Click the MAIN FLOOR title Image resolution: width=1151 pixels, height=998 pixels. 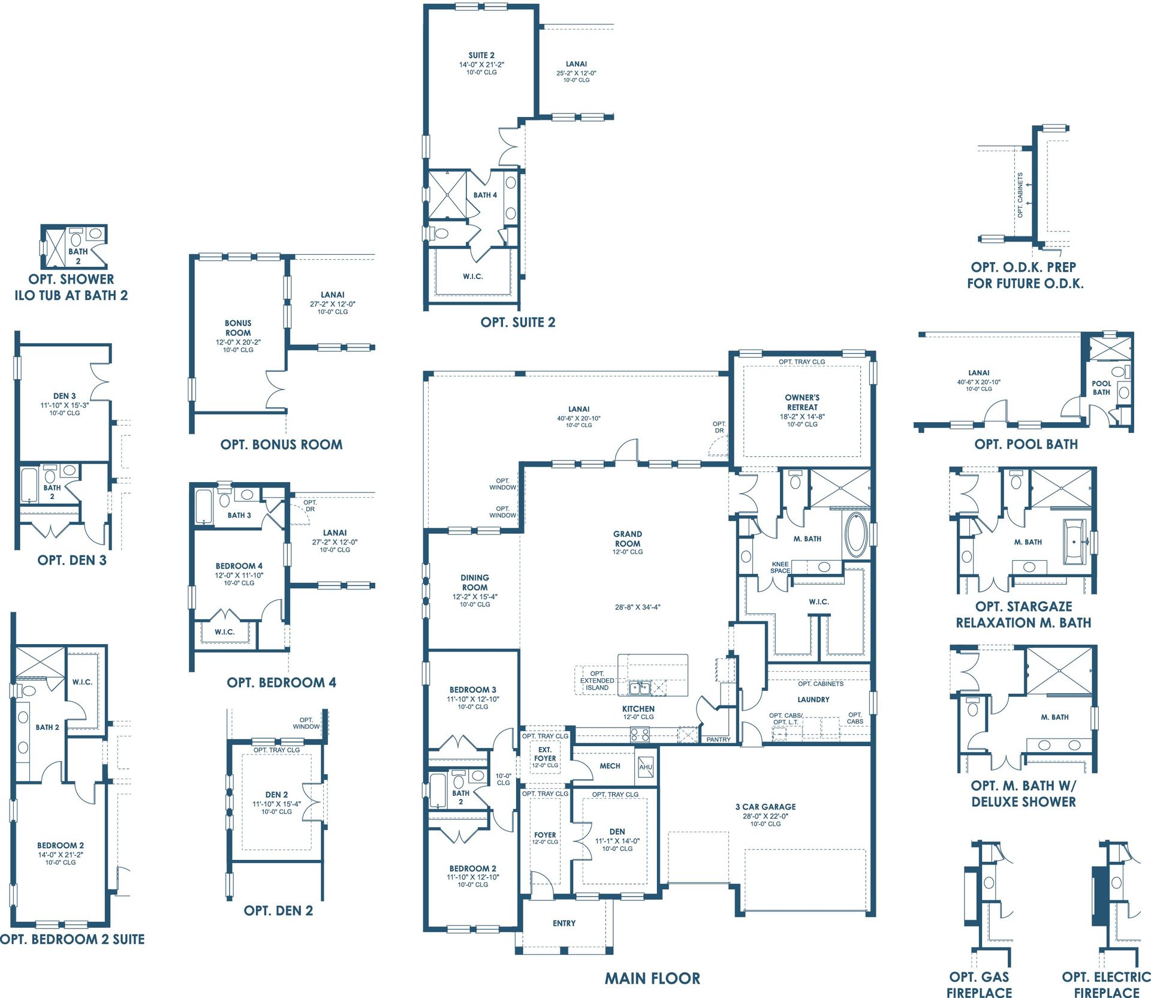652,978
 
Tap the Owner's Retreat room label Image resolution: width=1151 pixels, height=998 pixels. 802,402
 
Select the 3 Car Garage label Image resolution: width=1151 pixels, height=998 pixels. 766,807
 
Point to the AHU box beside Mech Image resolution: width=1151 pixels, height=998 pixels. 646,766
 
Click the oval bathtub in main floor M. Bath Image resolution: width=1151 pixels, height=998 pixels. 855,534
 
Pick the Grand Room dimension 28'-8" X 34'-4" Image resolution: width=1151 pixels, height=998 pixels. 637,607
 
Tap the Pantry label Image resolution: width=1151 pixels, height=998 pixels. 718,740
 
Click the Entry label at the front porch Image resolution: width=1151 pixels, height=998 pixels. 564,923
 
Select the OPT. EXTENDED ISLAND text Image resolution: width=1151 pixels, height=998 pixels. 597,681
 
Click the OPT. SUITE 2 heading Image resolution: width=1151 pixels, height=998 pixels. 518,322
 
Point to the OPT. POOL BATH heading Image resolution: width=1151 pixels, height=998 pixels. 1026,444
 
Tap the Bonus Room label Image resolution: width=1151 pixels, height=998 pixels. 238,327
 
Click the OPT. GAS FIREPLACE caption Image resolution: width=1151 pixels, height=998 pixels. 979,985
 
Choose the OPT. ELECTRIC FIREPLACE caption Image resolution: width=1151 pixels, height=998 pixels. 1106,985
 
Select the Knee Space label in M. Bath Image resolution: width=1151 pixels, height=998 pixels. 780,567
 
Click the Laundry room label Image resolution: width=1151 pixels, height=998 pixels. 813,699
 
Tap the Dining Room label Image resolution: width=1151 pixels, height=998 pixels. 475,582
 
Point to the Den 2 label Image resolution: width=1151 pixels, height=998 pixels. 276,795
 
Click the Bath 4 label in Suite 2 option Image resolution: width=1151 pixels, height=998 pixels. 485,195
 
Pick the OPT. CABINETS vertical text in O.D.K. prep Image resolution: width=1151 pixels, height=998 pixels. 1020,196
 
